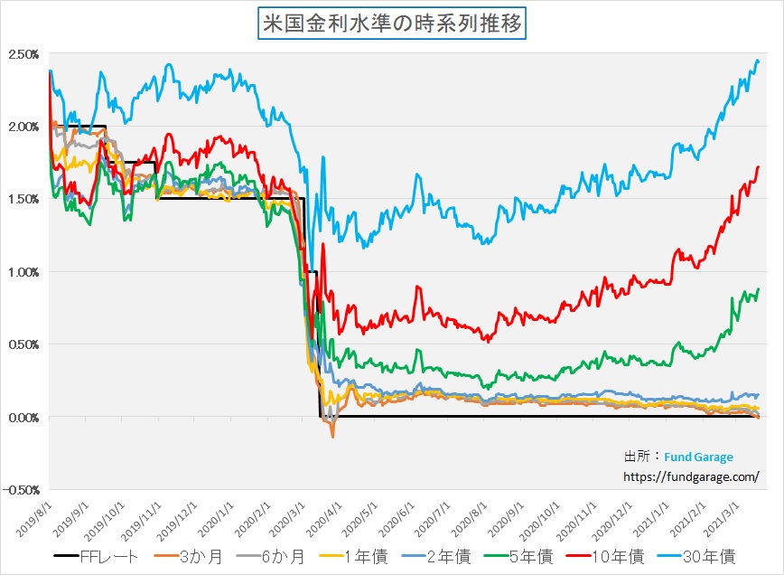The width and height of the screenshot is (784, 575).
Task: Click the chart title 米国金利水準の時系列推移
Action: [391, 24]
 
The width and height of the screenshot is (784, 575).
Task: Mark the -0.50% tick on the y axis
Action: [21, 490]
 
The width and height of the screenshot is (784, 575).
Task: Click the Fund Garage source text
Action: [700, 457]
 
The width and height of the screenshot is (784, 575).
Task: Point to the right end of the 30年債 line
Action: [758, 61]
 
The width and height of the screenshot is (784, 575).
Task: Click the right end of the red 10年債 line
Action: [758, 167]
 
